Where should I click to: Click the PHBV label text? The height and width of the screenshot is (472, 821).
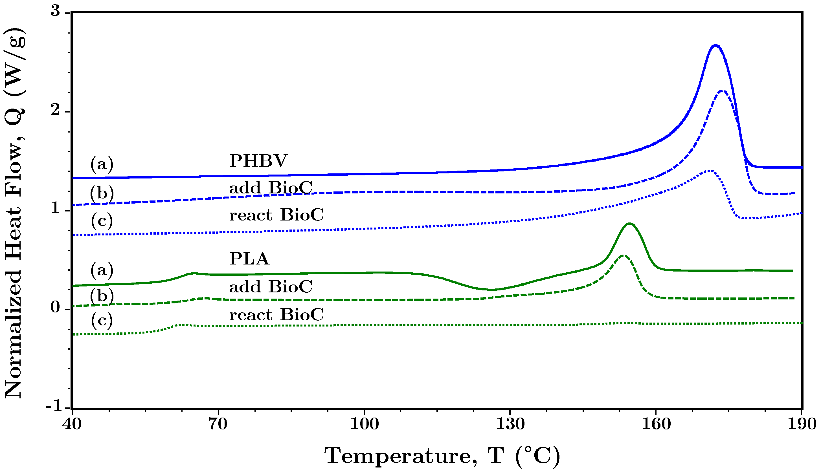click(258, 160)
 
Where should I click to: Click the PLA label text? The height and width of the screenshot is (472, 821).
click(249, 259)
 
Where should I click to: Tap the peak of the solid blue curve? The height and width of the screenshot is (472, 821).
click(715, 46)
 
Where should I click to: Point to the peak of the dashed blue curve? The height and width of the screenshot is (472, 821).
click(721, 91)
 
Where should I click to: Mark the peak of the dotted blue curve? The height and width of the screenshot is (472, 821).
click(709, 171)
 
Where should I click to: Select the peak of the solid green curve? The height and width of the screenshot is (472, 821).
click(630, 223)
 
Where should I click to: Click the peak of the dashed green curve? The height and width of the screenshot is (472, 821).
click(623, 256)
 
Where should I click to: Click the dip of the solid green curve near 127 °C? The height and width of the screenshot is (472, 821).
click(492, 290)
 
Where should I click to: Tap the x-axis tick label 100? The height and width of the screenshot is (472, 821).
click(364, 424)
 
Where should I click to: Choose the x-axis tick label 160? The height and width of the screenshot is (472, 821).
click(656, 424)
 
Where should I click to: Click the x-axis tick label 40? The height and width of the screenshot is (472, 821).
click(72, 424)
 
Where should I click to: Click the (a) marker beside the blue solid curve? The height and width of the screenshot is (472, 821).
click(102, 164)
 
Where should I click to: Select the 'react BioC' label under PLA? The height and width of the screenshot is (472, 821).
click(276, 314)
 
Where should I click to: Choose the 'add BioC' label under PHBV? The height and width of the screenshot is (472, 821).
click(271, 188)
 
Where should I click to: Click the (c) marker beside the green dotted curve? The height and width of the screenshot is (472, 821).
click(102, 320)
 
